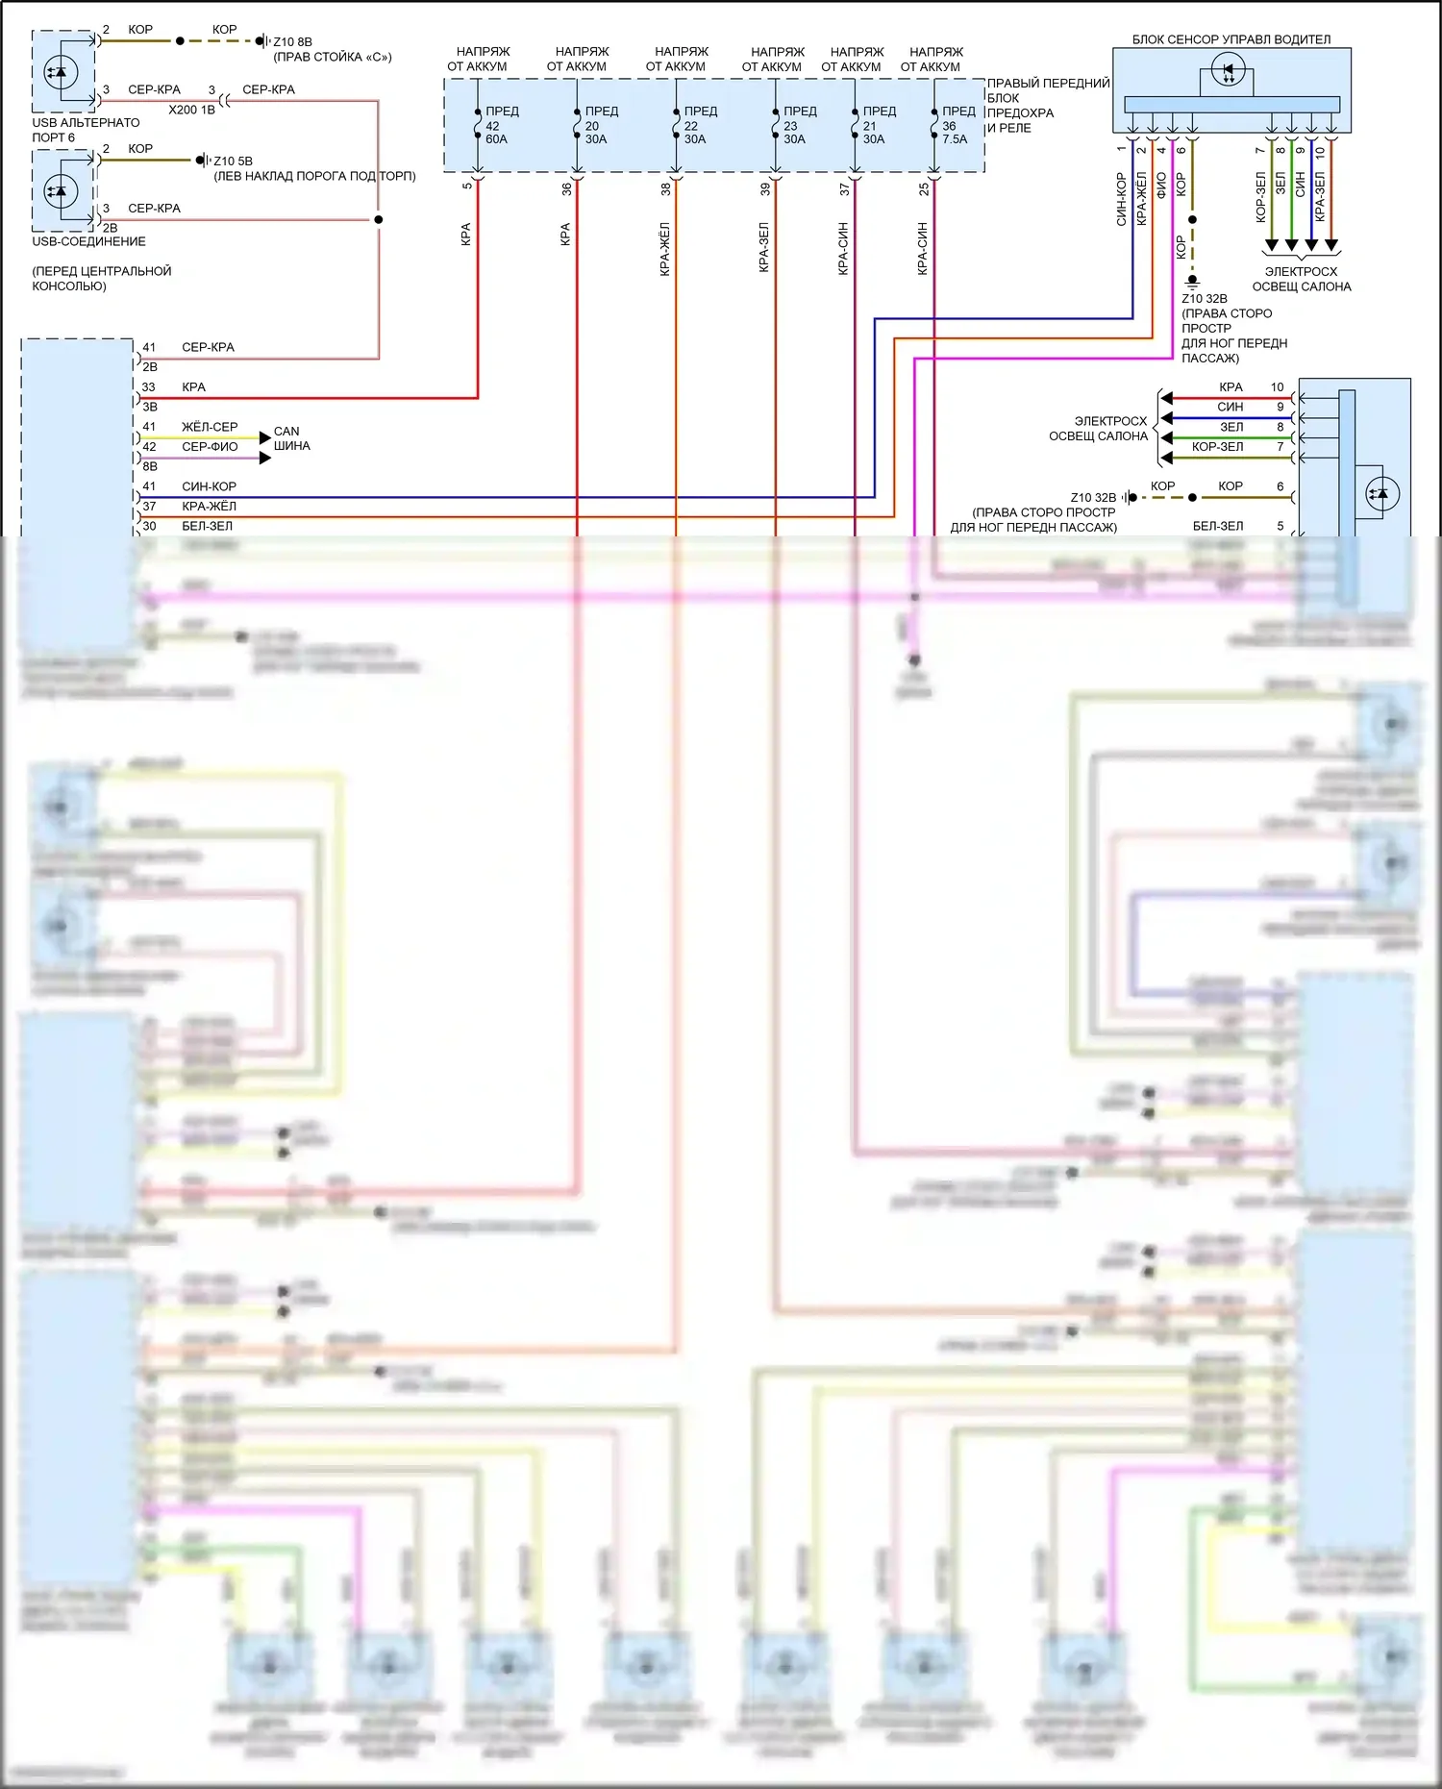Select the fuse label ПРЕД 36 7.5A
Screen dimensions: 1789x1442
[x=957, y=126]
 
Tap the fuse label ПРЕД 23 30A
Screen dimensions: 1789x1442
[x=798, y=126]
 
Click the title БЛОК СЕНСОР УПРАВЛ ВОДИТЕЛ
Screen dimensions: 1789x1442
[x=1231, y=39]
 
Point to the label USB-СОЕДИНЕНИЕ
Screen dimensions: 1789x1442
[x=88, y=241]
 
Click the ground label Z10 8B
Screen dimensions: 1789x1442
[x=292, y=42]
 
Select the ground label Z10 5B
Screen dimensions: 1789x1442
[x=233, y=162]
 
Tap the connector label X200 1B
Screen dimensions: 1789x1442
[x=191, y=110]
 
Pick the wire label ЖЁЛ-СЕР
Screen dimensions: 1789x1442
[x=210, y=427]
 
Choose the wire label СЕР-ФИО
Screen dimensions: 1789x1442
[x=210, y=447]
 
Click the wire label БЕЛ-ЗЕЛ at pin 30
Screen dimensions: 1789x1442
[x=207, y=526]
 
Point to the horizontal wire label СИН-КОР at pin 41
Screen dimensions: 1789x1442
[x=209, y=486]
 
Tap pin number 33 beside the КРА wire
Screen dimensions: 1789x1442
[x=149, y=387]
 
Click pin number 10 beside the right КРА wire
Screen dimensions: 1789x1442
[x=1277, y=387]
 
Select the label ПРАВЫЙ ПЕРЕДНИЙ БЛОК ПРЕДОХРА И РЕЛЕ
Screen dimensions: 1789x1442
[x=1047, y=106]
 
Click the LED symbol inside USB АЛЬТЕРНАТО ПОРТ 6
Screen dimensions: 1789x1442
[x=61, y=72]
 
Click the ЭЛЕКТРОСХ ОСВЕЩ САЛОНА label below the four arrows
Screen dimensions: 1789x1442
[x=1301, y=279]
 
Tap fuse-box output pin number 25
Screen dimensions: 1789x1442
[x=924, y=189]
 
